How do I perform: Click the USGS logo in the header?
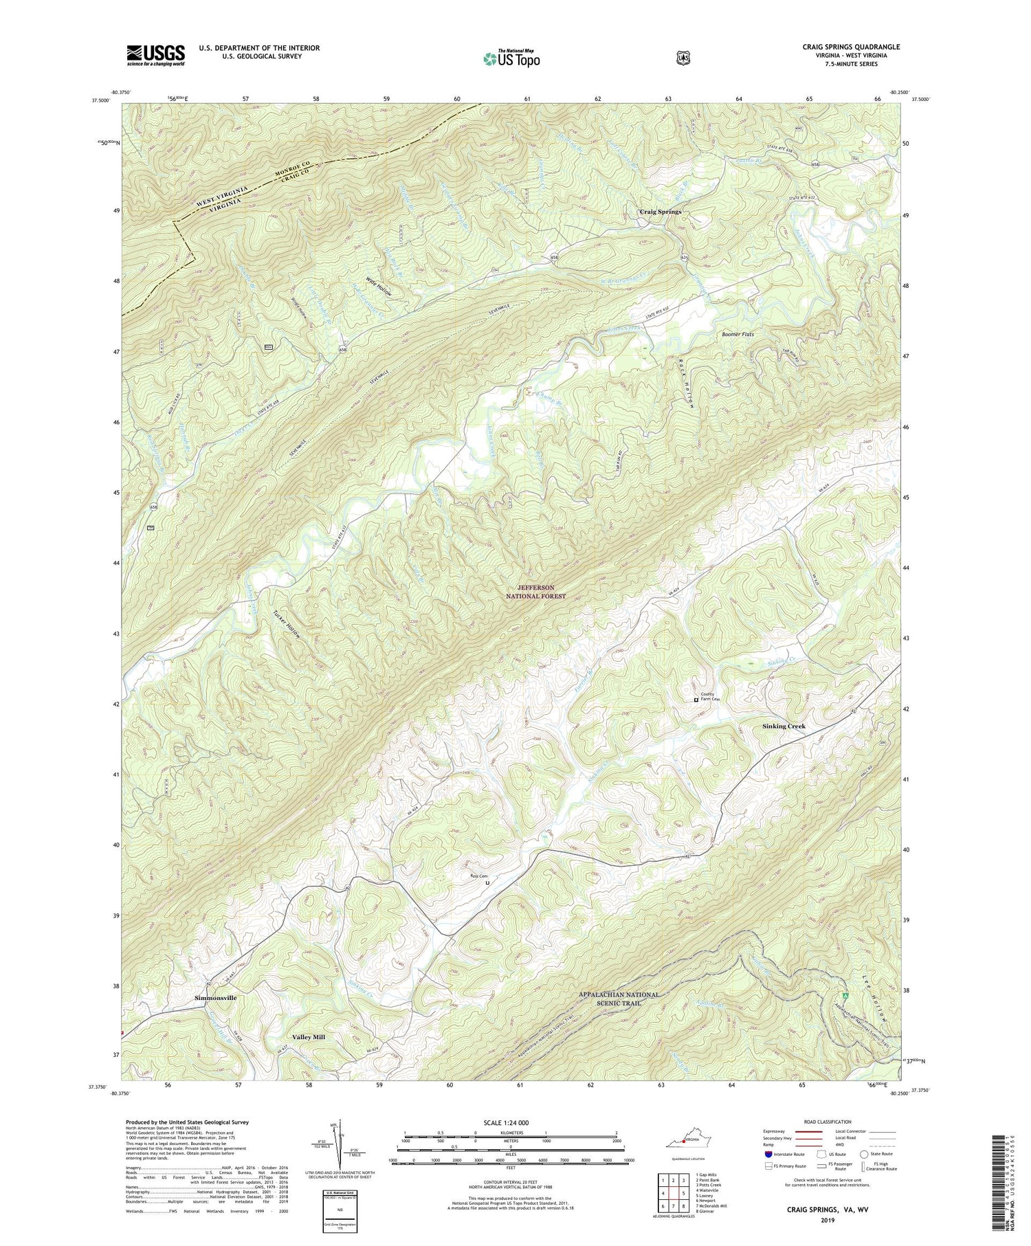click(155, 55)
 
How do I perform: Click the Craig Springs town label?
click(660, 212)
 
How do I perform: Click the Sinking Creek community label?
click(784, 726)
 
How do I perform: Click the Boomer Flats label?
click(738, 335)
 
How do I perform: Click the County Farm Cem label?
click(709, 696)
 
